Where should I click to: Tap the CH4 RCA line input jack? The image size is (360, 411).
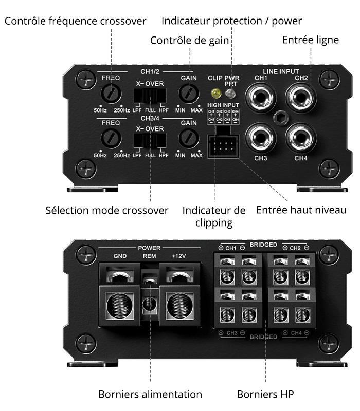(301, 137)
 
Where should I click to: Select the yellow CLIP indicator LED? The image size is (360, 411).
(215, 94)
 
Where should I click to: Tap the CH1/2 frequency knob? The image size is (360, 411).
(111, 94)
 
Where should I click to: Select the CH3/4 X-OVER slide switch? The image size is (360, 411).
(150, 141)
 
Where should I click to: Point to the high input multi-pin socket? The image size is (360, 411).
(223, 147)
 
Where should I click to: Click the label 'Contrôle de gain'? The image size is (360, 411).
(189, 40)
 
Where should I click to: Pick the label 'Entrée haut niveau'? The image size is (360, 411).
(301, 210)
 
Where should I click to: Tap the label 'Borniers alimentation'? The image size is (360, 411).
(150, 395)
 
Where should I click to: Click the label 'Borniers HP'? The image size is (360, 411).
(265, 395)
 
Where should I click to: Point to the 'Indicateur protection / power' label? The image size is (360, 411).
(231, 21)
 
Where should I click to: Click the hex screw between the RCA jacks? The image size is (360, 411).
(281, 117)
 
